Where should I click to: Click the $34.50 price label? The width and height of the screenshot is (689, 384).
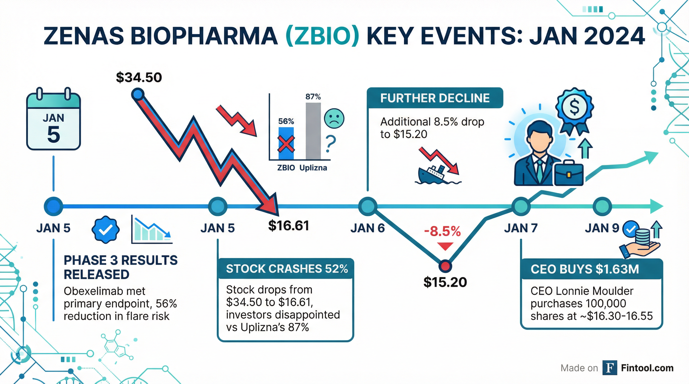click(139, 77)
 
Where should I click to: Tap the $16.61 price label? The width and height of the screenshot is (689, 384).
click(289, 226)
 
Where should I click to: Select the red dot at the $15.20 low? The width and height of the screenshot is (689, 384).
click(445, 266)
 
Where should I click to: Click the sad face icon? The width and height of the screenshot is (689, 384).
click(334, 118)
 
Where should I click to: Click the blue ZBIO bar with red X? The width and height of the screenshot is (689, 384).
click(286, 144)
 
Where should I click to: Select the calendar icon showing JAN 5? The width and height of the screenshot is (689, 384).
click(54, 121)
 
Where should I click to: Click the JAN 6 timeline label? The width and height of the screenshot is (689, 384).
click(368, 228)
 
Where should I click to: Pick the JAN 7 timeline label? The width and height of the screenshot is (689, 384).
click(521, 228)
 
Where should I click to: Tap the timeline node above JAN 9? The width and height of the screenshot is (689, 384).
click(602, 206)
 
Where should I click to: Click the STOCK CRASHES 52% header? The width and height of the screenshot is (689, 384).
click(287, 269)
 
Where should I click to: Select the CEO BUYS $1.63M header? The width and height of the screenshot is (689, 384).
click(585, 269)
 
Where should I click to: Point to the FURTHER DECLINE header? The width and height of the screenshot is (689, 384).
click(435, 98)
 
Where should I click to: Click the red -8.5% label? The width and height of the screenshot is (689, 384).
click(443, 231)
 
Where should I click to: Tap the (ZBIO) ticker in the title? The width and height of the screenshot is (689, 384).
click(322, 36)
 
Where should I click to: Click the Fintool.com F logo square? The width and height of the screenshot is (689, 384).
click(610, 368)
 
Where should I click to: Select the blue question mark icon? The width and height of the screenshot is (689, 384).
click(330, 144)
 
